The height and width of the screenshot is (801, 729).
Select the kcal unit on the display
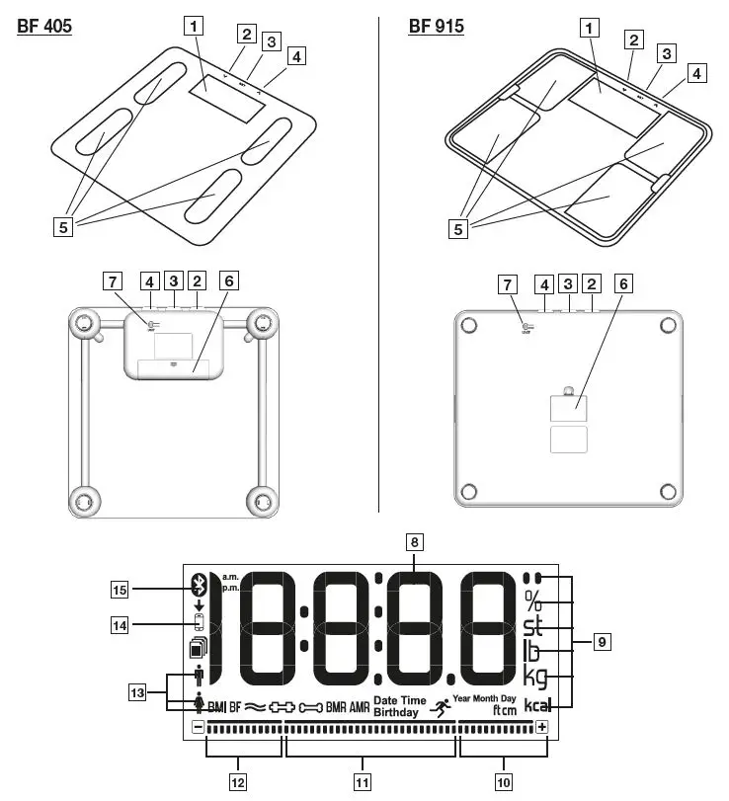pyautogui.click(x=536, y=706)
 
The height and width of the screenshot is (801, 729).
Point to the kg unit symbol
pyautogui.click(x=534, y=679)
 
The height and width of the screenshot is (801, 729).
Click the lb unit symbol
pyautogui.click(x=531, y=652)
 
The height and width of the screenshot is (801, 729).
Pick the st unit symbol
pyautogui.click(x=533, y=626)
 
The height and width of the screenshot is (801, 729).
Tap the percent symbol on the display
pyautogui.click(x=533, y=601)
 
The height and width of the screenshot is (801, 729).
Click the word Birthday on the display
pyautogui.click(x=396, y=711)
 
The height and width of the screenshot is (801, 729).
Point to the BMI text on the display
pyautogui.click(x=217, y=707)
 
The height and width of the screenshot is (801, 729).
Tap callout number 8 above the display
pyautogui.click(x=415, y=541)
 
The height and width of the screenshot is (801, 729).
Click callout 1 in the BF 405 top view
pyautogui.click(x=197, y=28)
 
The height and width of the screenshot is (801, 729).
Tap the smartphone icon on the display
pyautogui.click(x=199, y=623)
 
